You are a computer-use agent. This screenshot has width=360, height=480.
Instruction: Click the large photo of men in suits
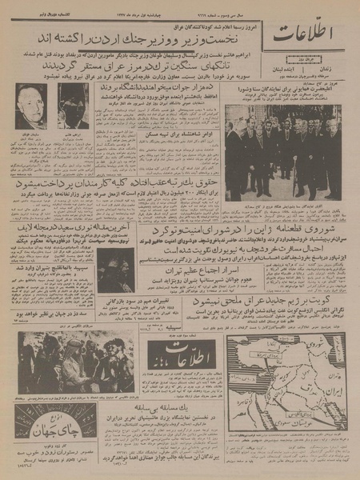point(282,151)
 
